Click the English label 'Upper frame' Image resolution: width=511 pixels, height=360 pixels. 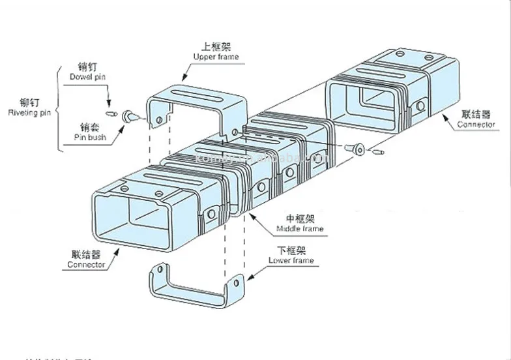(x=216, y=57)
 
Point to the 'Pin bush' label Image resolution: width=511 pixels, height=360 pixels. (x=89, y=138)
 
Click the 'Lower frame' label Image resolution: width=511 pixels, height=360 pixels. (x=291, y=261)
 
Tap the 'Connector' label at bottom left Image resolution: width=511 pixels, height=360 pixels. (x=86, y=265)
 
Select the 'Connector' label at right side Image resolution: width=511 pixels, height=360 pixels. (x=476, y=125)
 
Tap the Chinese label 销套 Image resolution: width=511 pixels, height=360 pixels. (x=89, y=128)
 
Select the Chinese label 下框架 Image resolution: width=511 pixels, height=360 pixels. (x=291, y=250)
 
